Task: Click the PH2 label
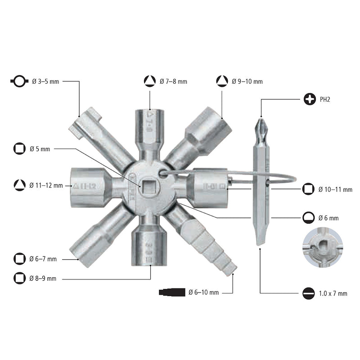[325, 99]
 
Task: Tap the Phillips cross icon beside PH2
[310, 99]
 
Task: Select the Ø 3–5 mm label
[45, 81]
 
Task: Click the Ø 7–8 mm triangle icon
[150, 81]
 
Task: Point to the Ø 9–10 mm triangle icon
[222, 81]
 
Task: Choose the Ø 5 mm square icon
[19, 148]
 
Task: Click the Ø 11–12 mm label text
[46, 185]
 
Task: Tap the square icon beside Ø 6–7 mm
[19, 259]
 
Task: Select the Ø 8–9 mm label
[43, 278]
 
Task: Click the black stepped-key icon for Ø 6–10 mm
[172, 292]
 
